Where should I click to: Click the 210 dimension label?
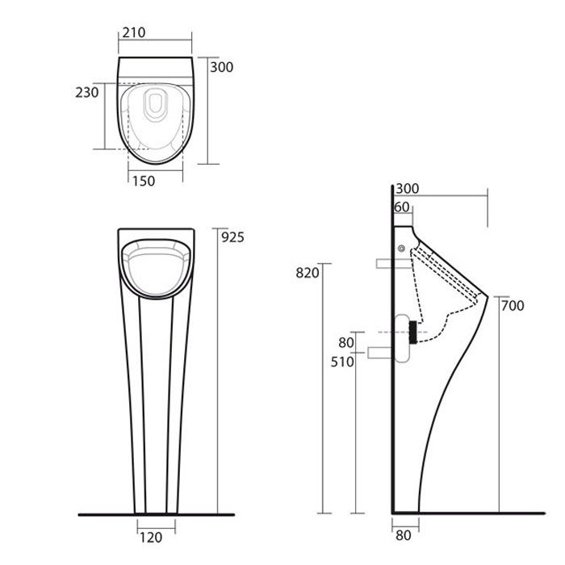click(134, 33)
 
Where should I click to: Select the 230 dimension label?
click(87, 93)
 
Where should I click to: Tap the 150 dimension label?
click(144, 181)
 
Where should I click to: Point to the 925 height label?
click(232, 237)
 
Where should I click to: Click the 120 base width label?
click(151, 538)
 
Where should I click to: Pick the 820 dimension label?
click(308, 273)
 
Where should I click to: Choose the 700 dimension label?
click(513, 306)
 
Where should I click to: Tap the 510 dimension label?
click(342, 362)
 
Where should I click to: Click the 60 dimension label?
click(402, 207)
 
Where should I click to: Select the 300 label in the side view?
click(407, 188)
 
